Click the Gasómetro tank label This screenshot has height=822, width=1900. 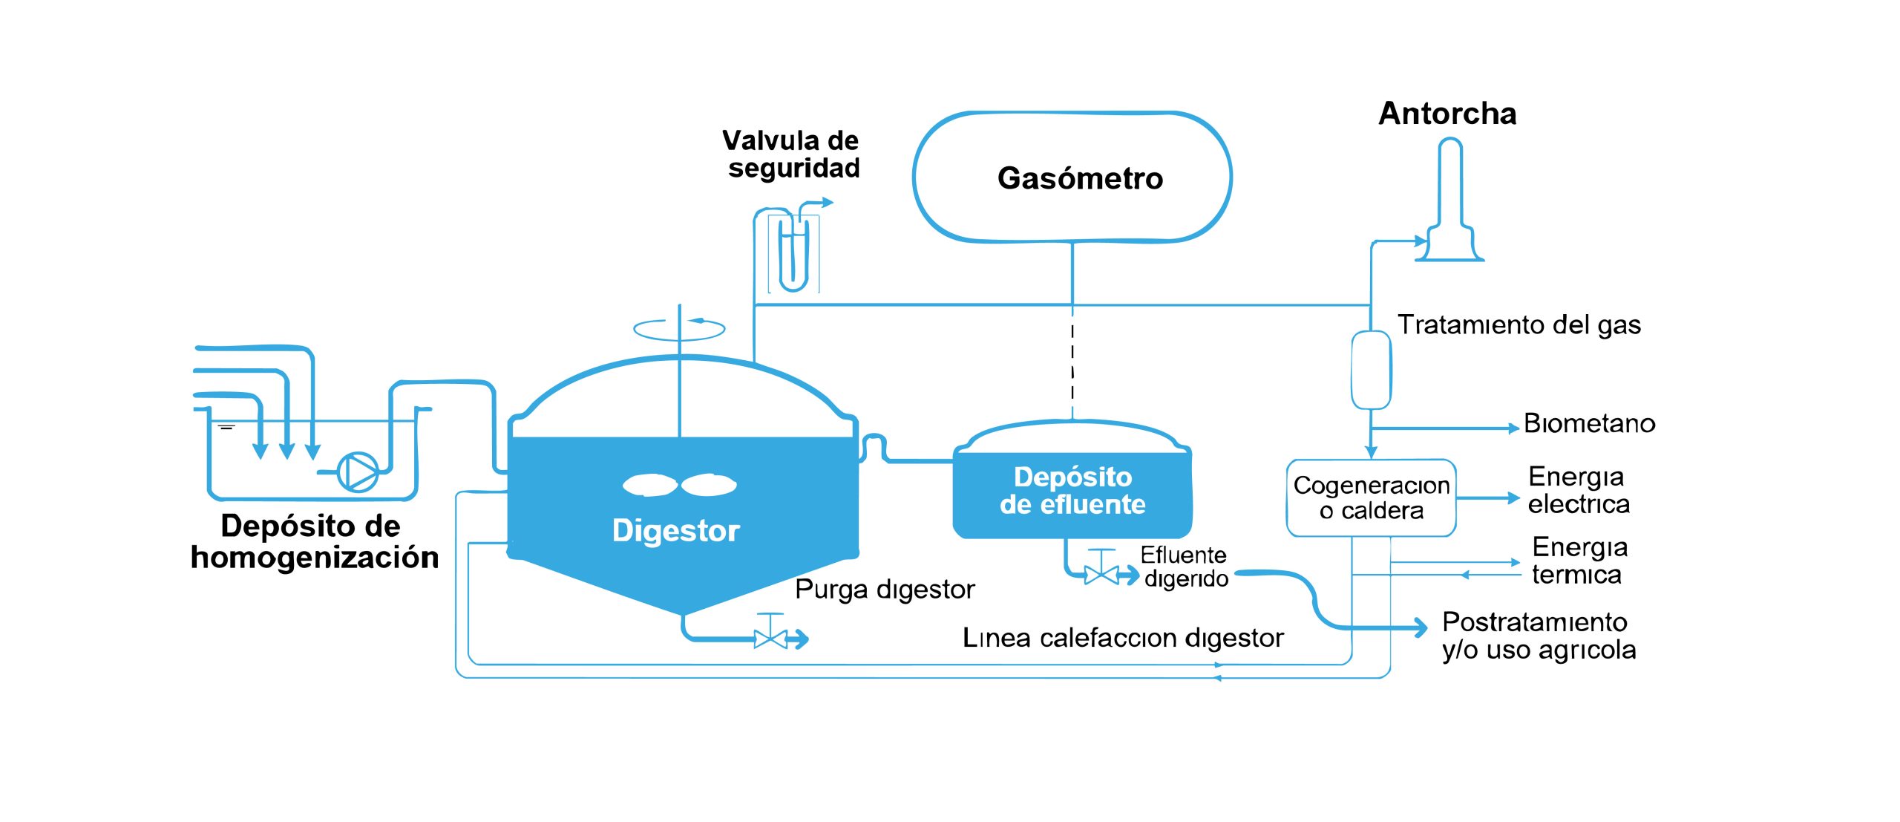coord(1079,179)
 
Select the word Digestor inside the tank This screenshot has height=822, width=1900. coord(675,531)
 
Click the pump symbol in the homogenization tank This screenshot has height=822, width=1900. coord(358,472)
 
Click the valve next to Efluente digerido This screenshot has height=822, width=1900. coord(1101,573)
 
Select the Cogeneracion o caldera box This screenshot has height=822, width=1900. coord(1371,498)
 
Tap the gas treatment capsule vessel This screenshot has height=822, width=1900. coord(1370,370)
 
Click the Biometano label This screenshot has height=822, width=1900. coord(1589,424)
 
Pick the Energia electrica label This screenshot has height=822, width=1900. coord(1578,490)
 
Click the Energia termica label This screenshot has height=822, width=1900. coord(1579,561)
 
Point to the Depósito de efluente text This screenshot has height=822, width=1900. coord(1072,491)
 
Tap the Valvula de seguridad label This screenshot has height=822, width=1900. coord(791,154)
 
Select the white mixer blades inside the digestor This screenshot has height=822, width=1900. coord(679,485)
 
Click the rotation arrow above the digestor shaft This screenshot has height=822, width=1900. coord(678,328)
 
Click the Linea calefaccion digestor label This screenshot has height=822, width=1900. coord(1122,638)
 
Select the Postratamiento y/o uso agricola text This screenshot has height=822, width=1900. coord(1538,636)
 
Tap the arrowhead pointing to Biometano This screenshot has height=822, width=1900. coord(1513,428)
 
